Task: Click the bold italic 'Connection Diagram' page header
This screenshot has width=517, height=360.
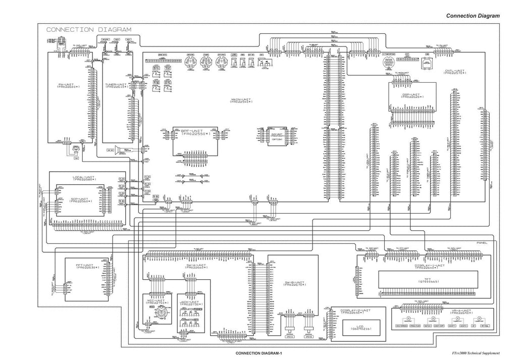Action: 473,16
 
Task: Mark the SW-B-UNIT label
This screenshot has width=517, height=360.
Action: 294,283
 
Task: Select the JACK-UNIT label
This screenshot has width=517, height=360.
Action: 190,303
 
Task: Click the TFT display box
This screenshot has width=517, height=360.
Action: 427,280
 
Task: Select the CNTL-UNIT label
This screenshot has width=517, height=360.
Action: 455,72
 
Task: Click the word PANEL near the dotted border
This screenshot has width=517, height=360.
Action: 483,243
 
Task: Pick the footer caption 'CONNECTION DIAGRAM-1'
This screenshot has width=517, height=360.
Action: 258,353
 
